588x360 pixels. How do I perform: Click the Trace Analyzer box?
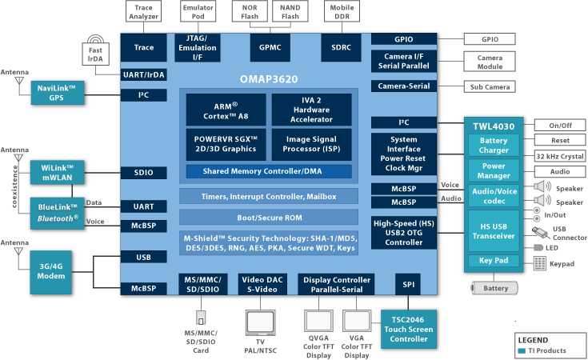[x=144, y=12]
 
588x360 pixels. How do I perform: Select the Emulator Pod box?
[x=198, y=12]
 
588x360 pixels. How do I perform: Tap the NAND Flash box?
[x=290, y=12]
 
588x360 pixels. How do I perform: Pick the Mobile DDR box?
[x=342, y=12]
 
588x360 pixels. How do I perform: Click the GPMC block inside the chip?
[x=270, y=48]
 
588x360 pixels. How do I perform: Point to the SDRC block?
[x=342, y=48]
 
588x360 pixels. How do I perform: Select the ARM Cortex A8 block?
[x=226, y=110]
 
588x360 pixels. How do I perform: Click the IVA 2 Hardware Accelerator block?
[x=312, y=110]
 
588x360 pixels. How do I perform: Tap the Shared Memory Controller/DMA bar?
[x=269, y=171]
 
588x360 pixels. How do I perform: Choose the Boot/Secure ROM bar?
[x=269, y=218]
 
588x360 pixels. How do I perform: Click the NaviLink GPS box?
[x=57, y=93]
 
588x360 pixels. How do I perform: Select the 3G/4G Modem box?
[x=51, y=272]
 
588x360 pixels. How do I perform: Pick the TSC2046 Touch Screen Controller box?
[x=409, y=330]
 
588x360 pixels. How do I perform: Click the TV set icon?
[x=260, y=323]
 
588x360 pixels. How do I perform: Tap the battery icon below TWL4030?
[x=494, y=288]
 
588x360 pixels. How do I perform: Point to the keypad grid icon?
[x=540, y=263]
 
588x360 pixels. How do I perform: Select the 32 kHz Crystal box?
[x=560, y=156]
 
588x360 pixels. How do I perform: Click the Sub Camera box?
[x=490, y=86]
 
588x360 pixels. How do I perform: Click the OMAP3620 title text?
[x=269, y=79]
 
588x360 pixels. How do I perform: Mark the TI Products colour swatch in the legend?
[x=522, y=351]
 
